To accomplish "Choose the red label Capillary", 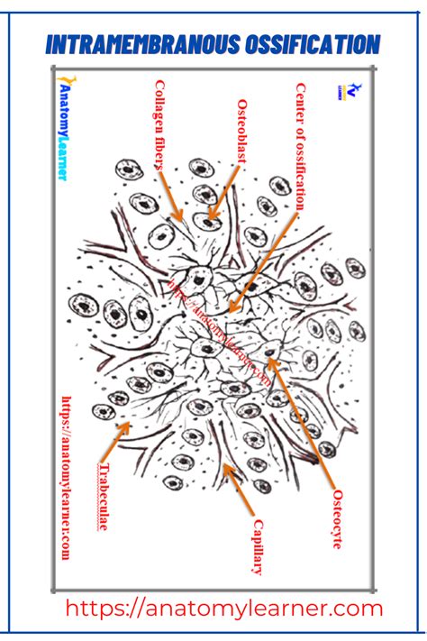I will coord(258,546).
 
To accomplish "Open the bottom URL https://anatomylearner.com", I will coord(224,609).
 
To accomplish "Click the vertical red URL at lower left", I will coord(65,477).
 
